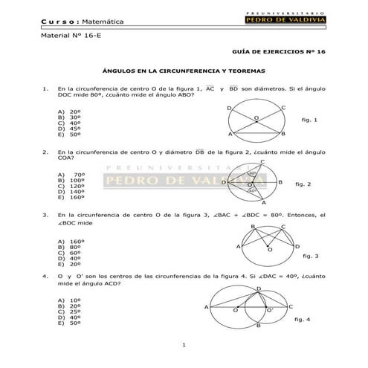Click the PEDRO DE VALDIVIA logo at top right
pyautogui.click(x=285, y=19)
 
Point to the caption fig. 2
pyautogui.click(x=303, y=183)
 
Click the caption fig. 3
pyautogui.click(x=311, y=256)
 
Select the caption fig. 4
pyautogui.click(x=303, y=318)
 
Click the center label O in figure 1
pyautogui.click(x=256, y=117)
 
